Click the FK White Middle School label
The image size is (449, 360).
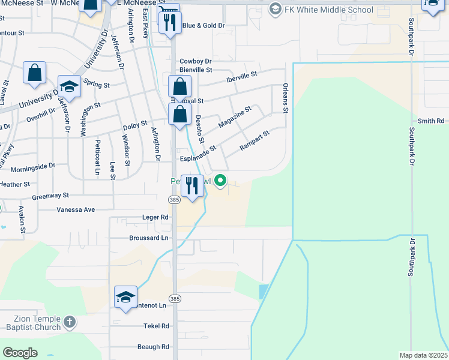329,10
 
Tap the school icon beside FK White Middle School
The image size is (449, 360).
276,9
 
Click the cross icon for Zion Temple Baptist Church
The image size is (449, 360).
69,322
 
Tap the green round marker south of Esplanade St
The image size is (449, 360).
221,180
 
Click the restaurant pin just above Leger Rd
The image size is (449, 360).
192,186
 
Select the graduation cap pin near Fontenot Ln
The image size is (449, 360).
126,298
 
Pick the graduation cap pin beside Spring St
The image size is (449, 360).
69,88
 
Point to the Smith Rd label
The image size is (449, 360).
431,121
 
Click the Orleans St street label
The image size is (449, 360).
286,98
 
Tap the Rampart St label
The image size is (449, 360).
255,140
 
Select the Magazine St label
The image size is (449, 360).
235,116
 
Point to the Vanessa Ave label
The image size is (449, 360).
76,210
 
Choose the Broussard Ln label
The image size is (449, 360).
148,238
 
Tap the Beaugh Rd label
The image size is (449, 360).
152,347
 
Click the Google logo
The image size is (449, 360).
20,353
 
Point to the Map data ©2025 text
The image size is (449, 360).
423,355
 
